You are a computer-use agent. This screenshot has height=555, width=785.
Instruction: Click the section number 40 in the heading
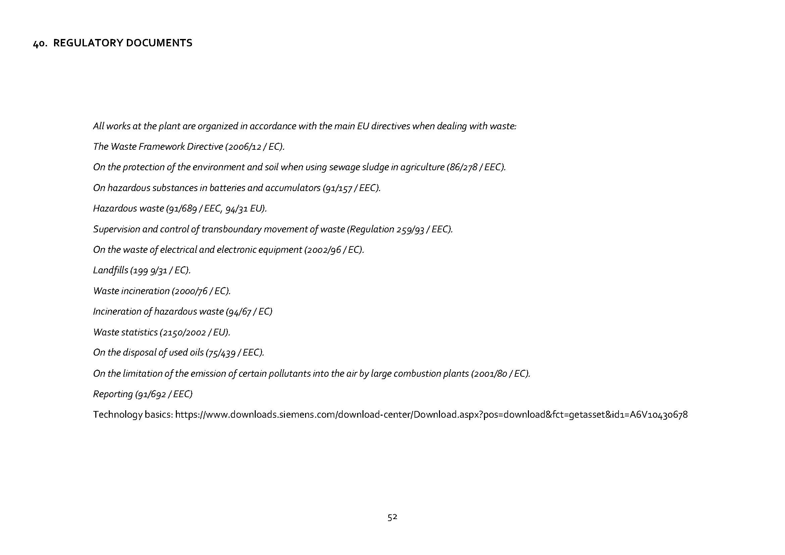tap(40, 43)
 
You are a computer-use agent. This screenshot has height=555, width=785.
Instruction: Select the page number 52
tap(392, 517)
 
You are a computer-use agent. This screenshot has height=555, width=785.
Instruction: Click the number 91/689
tap(185, 209)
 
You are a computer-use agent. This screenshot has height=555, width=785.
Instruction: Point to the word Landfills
tap(110, 270)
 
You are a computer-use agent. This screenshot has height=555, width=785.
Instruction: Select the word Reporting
tap(113, 394)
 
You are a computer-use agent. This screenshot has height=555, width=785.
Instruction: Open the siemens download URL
tap(431, 415)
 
